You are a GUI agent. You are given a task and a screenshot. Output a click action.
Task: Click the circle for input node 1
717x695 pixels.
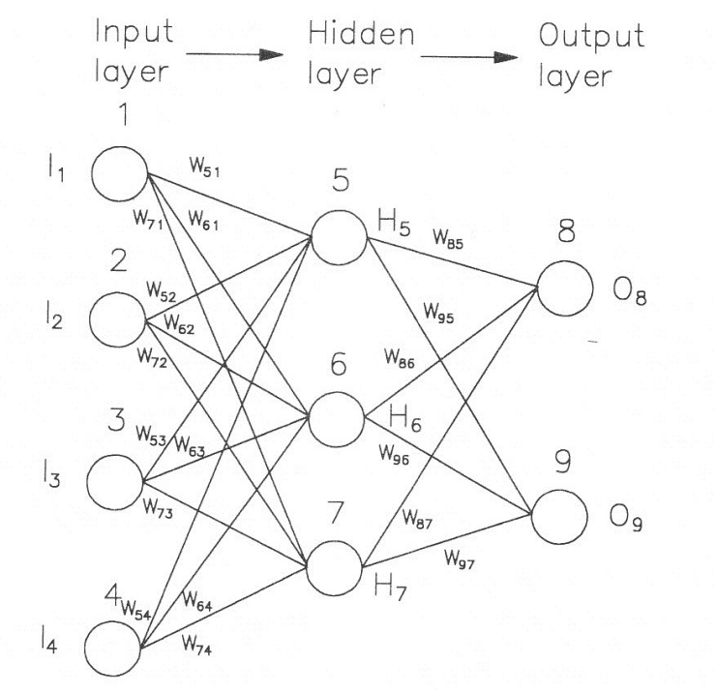point(118,172)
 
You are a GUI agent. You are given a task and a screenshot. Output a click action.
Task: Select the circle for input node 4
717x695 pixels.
point(118,644)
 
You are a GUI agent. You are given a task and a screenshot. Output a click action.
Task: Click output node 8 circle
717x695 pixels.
point(564,287)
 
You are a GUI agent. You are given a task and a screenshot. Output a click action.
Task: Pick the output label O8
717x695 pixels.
point(631,291)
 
